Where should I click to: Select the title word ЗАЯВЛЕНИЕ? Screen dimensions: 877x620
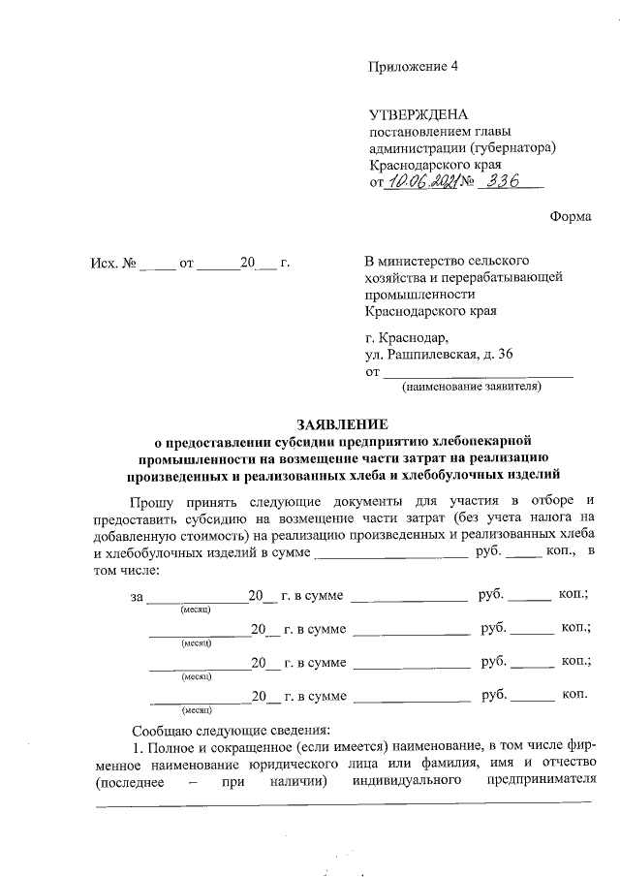pyautogui.click(x=342, y=423)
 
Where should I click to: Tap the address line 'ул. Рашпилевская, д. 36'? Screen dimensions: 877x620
pyautogui.click(x=439, y=355)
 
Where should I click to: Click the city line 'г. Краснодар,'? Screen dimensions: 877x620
pyautogui.click(x=407, y=338)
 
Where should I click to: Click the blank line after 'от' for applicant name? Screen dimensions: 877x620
pyautogui.click(x=478, y=372)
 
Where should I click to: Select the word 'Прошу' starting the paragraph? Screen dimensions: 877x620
pyautogui.click(x=152, y=500)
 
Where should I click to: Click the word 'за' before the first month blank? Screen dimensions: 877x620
pyautogui.click(x=137, y=598)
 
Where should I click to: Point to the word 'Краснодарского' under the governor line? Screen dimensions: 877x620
pyautogui.click(x=415, y=165)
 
